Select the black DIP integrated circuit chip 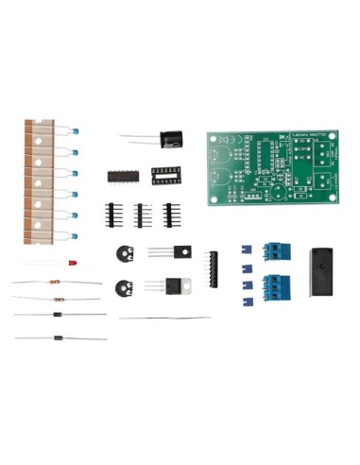click(x=120, y=175)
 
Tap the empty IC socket click(x=166, y=174)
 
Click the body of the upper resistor click(x=56, y=282)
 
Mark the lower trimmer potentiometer click(x=120, y=289)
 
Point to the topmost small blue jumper click(x=245, y=250)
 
